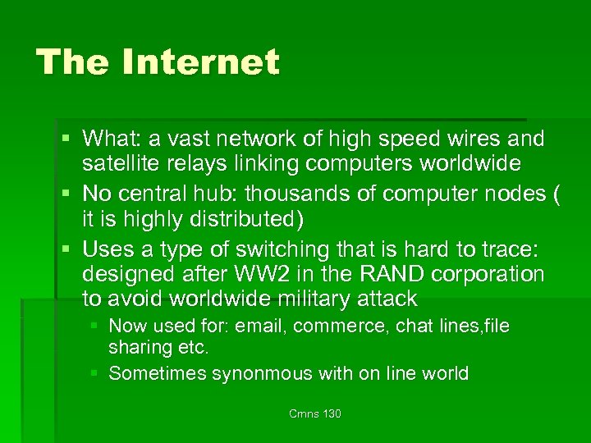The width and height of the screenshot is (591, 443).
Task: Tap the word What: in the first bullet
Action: tap(111, 139)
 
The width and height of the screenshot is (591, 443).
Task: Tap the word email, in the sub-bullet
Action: tap(260, 326)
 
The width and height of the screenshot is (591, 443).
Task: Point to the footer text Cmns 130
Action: tap(315, 413)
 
